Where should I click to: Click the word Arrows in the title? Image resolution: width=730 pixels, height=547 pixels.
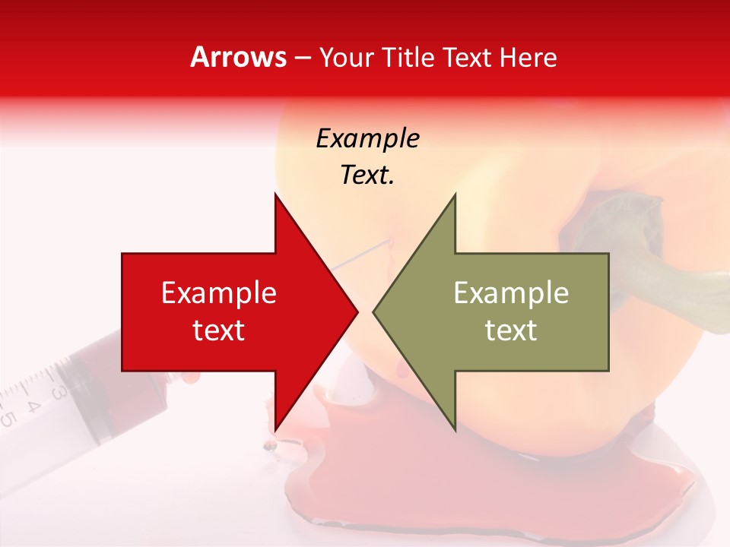(238, 57)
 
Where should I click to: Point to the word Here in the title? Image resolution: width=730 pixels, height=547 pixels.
(528, 58)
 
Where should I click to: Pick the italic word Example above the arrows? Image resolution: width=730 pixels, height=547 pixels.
(367, 139)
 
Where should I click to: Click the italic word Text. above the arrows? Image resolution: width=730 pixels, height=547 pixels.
(367, 175)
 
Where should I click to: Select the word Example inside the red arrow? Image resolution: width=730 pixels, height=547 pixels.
(219, 293)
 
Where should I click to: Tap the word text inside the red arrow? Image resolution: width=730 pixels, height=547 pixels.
(219, 330)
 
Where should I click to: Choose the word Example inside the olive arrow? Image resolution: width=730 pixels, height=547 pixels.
(511, 293)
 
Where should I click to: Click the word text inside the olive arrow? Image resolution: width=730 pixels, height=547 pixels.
(511, 330)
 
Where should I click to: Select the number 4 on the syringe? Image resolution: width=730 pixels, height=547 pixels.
(32, 405)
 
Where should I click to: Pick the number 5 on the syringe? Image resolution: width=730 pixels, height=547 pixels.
(8, 418)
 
